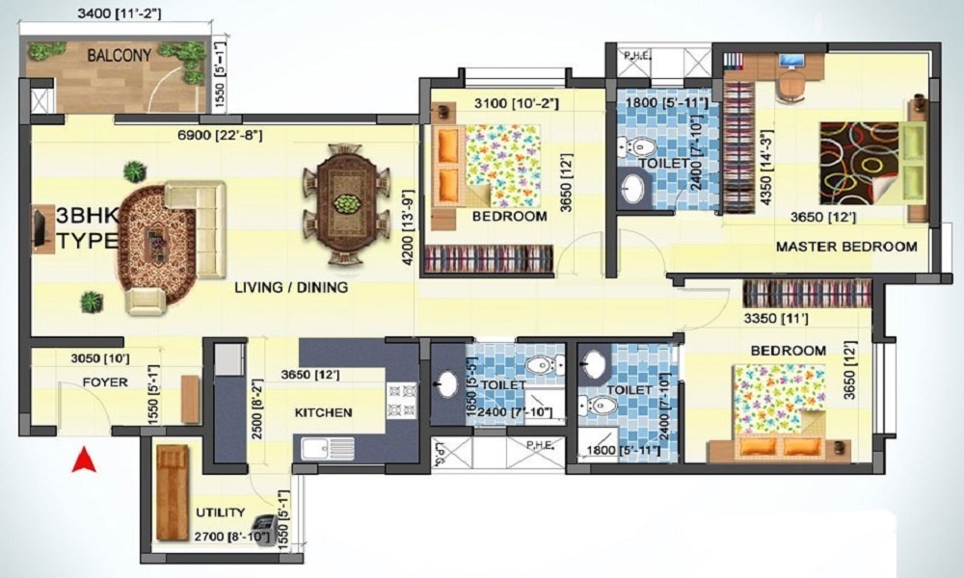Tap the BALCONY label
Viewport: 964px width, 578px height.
(x=119, y=56)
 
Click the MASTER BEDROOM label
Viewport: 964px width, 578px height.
(x=846, y=248)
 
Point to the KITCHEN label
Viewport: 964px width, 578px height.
(x=323, y=412)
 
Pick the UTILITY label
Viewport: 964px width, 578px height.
(x=219, y=512)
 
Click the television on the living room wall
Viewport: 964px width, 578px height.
(x=40, y=228)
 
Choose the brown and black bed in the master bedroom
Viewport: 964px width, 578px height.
(x=858, y=162)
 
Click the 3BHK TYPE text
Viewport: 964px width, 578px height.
(x=87, y=228)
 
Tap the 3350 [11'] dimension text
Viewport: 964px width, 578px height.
(x=775, y=318)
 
